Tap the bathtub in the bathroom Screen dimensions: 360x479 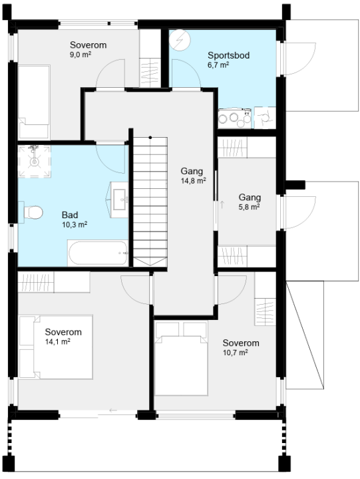[98, 253]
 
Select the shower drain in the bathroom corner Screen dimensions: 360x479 [34, 161]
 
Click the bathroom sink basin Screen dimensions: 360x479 [120, 200]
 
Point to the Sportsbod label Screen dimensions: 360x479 [229, 55]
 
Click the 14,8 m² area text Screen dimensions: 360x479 [193, 180]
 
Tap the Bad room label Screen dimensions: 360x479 [70, 215]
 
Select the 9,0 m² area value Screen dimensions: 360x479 [81, 55]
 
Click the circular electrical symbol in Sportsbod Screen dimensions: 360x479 [180, 40]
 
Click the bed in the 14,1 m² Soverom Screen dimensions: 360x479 [56, 347]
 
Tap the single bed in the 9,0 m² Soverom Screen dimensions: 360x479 [34, 102]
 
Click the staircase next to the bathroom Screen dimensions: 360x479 [150, 202]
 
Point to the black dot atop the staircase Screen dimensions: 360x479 [150, 138]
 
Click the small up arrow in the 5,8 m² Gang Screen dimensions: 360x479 [222, 204]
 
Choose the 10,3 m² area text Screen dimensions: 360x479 [75, 225]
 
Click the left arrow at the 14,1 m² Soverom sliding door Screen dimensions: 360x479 [113, 410]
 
